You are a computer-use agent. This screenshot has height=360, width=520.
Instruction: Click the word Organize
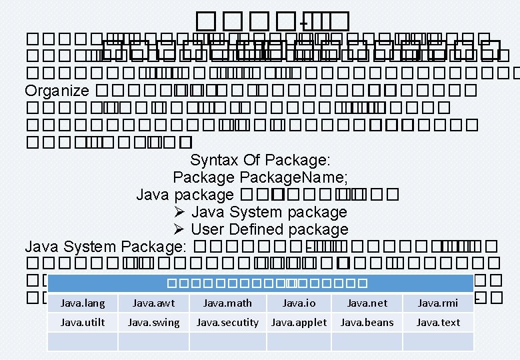[x=57, y=91]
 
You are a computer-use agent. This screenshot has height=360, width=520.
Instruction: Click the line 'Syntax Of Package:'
[x=261, y=160]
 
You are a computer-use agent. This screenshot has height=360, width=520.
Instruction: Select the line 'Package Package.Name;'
[x=261, y=177]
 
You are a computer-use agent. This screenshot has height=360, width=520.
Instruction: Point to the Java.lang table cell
[x=83, y=303]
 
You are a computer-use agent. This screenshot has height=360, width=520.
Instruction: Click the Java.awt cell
[x=153, y=303]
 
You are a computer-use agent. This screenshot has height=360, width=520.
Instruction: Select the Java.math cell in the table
[x=227, y=303]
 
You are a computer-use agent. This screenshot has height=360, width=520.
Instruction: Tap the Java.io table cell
[x=299, y=303]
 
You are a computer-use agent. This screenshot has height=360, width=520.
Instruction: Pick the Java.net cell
[x=367, y=303]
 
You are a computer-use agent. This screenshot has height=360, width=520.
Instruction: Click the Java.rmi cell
[x=438, y=303]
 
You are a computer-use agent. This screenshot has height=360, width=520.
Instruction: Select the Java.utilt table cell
[x=83, y=323]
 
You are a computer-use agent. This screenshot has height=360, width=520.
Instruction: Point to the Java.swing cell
[x=153, y=323]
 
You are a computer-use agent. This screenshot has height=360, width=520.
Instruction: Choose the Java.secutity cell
[x=227, y=323]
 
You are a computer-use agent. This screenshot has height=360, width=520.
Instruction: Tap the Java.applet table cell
[x=299, y=323]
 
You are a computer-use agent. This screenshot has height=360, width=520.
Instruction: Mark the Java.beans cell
[x=367, y=323]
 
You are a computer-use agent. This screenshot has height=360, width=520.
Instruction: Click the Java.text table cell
[x=438, y=323]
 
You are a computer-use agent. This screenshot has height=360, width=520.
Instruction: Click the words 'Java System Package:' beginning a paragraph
[x=105, y=247]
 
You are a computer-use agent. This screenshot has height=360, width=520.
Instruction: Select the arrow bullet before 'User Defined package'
[x=179, y=229]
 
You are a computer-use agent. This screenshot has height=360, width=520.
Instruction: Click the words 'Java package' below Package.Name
[x=185, y=195]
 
